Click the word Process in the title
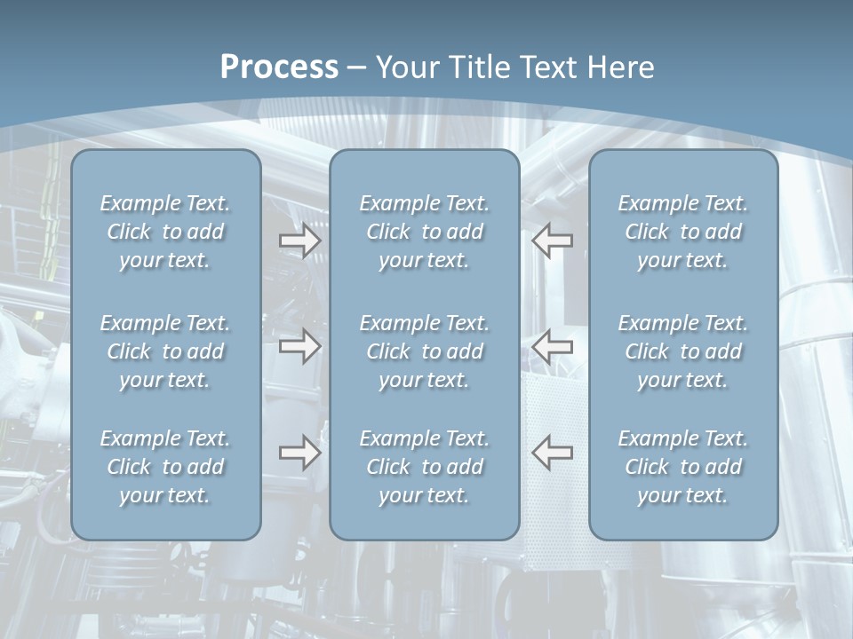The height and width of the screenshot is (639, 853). point(279,67)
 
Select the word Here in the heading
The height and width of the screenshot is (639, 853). point(621,67)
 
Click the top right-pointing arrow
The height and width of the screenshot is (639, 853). point(299,241)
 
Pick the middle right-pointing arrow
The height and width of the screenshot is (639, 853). point(299,346)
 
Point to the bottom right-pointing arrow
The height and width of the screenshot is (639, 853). point(299,453)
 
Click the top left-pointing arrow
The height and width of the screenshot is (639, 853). point(552,241)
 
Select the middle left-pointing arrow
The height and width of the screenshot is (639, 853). point(552,346)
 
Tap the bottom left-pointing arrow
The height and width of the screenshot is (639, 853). point(552,453)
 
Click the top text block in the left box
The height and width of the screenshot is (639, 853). point(165,232)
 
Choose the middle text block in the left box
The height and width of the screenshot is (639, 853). point(165,351)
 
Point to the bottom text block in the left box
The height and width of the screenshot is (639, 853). point(165,467)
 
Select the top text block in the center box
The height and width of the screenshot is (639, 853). point(425,232)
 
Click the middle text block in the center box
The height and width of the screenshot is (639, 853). point(425,351)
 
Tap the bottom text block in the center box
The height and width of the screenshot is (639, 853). point(425,467)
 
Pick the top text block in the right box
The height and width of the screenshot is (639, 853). point(683,232)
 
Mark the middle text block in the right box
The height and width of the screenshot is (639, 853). point(683,351)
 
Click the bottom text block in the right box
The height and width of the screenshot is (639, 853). point(683,467)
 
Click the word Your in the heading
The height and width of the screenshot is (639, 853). point(405,67)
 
